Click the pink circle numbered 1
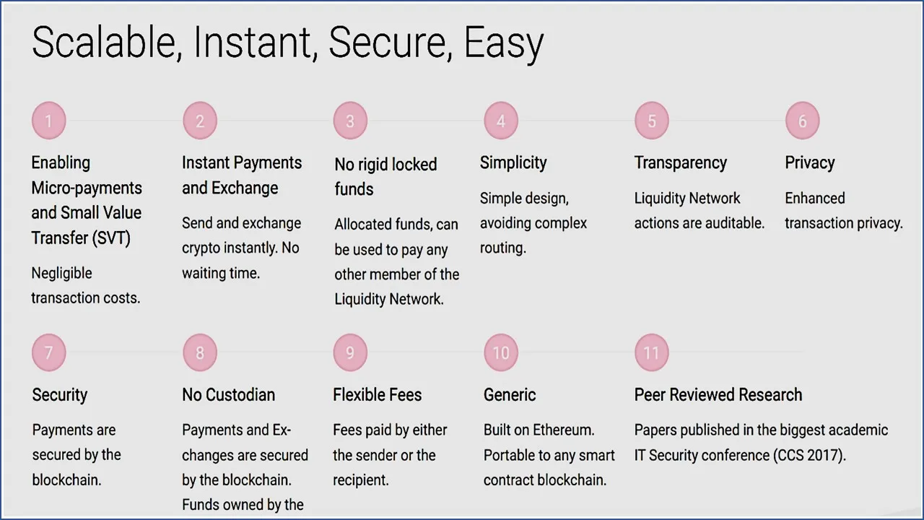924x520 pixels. pyautogui.click(x=48, y=121)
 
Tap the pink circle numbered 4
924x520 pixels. pyautogui.click(x=501, y=121)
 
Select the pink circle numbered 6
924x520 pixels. pyautogui.click(x=802, y=121)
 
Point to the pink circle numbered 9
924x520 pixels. pyautogui.click(x=350, y=352)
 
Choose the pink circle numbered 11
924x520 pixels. pyautogui.click(x=652, y=352)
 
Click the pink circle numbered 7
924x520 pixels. pyautogui.click(x=48, y=352)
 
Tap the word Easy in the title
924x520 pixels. pyautogui.click(x=504, y=45)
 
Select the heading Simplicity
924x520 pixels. pyautogui.click(x=513, y=163)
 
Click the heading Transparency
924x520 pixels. pyautogui.click(x=681, y=163)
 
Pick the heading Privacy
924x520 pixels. pyautogui.click(x=810, y=163)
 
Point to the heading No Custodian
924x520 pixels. pyautogui.click(x=229, y=395)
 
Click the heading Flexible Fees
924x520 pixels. pyautogui.click(x=378, y=395)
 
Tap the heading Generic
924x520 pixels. pyautogui.click(x=510, y=395)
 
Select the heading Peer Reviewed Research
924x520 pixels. pyautogui.click(x=718, y=395)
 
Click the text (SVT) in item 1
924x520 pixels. pyautogui.click(x=111, y=238)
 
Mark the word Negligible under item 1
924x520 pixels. pyautogui.click(x=62, y=273)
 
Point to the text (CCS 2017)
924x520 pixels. pyautogui.click(x=809, y=456)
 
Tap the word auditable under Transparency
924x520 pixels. pyautogui.click(x=735, y=223)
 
